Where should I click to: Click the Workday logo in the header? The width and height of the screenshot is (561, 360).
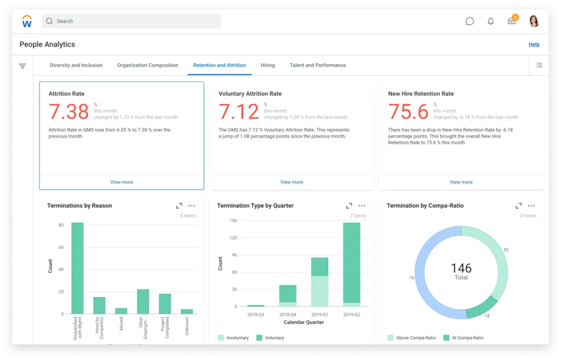point(27,21)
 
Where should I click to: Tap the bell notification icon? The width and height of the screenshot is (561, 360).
point(490,21)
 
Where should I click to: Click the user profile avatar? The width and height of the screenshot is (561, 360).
point(534,21)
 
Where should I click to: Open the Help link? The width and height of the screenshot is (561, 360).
point(534,44)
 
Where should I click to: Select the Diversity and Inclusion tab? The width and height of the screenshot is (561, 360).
point(76,65)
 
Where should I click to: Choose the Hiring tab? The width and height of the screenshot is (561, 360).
point(267,65)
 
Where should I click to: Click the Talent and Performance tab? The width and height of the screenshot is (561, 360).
point(318,65)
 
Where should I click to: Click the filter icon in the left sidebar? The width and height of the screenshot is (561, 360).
point(22,66)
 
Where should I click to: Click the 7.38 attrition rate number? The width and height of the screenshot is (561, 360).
point(68,112)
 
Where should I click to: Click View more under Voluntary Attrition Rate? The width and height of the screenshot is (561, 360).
point(291,182)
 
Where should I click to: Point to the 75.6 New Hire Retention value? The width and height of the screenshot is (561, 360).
point(408,112)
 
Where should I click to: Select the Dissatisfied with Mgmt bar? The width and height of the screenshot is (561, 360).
point(77,268)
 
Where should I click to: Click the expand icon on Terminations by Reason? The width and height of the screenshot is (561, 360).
point(179,206)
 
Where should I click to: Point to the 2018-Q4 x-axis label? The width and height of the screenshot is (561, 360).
point(288,315)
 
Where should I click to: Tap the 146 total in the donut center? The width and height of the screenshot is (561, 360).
point(461,268)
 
